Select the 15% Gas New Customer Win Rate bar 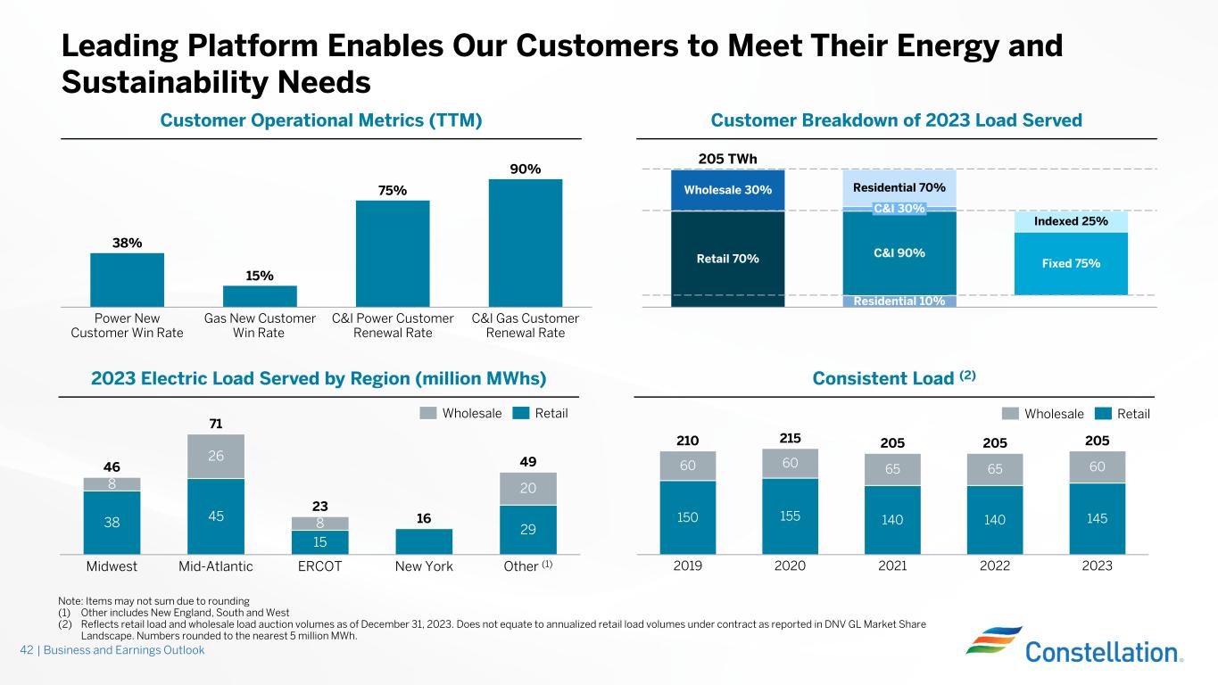(260, 296)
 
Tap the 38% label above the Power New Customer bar (127, 242)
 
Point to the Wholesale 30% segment (727, 190)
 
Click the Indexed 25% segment (1071, 221)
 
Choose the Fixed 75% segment (1071, 264)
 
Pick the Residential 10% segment (899, 301)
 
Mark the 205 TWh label (727, 159)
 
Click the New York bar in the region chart (424, 541)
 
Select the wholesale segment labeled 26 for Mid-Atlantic (216, 457)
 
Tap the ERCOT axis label (319, 566)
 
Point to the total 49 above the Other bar (527, 460)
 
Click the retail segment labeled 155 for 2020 (790, 516)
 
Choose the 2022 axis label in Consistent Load (995, 566)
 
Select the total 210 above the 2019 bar (687, 440)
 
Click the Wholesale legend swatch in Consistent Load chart (1009, 414)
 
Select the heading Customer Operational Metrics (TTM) (321, 120)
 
